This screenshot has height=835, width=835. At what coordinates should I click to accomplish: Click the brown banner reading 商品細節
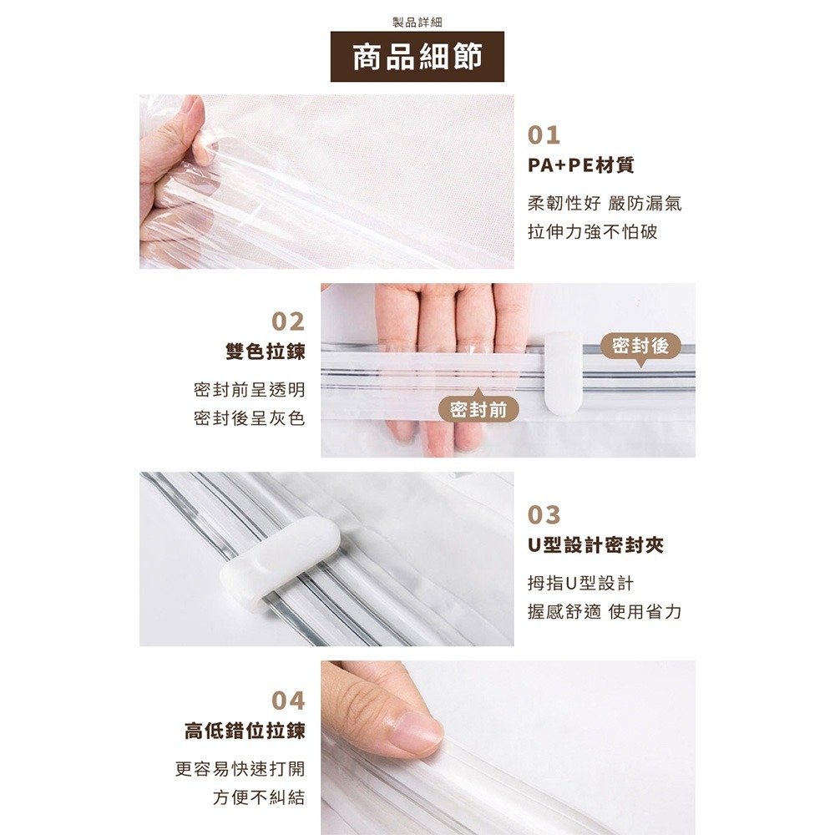(x=417, y=57)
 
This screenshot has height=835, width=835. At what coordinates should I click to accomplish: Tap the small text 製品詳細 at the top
(x=417, y=22)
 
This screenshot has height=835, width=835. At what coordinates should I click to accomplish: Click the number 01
(x=544, y=135)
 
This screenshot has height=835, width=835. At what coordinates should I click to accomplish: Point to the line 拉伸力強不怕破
(x=593, y=231)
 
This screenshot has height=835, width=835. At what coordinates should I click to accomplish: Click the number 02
(x=288, y=321)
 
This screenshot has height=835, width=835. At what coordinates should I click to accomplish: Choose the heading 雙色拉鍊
(x=265, y=352)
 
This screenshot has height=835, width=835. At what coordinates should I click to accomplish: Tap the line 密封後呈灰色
(x=249, y=417)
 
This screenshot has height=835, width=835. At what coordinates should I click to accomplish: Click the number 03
(x=544, y=514)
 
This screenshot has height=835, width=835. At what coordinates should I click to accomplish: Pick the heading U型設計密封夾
(x=595, y=546)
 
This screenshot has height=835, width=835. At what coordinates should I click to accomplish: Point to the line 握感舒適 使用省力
(x=605, y=612)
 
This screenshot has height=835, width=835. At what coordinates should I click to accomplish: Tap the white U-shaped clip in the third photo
(x=279, y=558)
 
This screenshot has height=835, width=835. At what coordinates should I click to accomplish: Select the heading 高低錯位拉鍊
(x=245, y=732)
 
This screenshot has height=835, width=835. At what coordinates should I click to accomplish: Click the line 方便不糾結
(x=258, y=797)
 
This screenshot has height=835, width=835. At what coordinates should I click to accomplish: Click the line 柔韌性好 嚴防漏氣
(x=605, y=203)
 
